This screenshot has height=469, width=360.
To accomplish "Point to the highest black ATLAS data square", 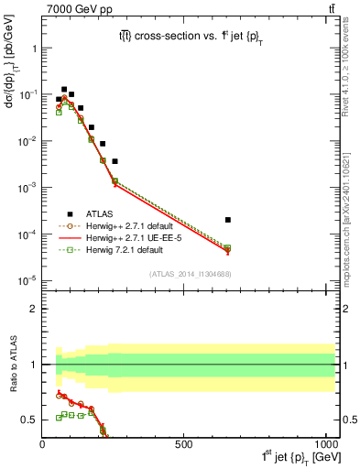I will point(64,90).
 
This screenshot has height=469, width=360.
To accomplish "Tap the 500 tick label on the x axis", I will point(183,444).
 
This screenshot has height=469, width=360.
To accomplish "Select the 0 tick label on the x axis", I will point(43,444).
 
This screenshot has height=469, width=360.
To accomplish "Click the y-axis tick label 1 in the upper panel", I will point(32,49).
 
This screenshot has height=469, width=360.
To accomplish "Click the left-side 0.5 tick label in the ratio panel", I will point(28,420).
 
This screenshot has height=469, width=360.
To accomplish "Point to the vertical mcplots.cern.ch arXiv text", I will point(351,183).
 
